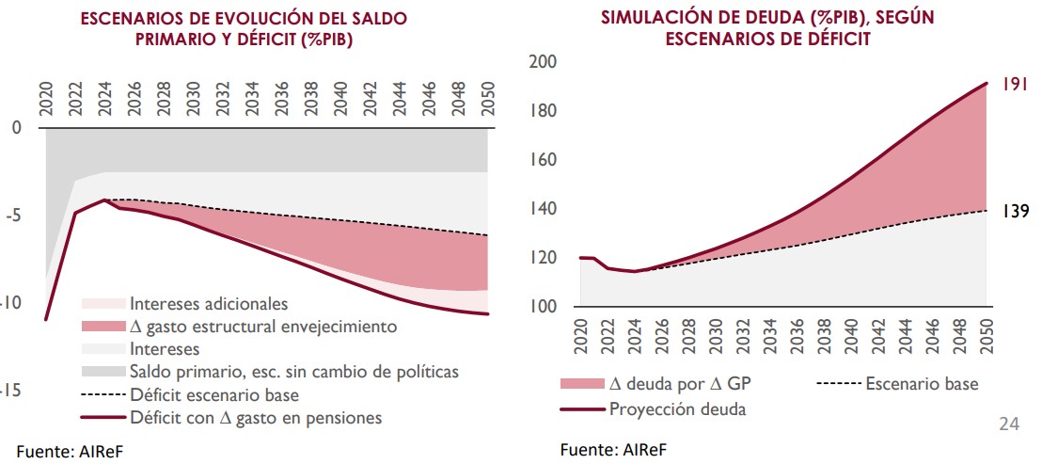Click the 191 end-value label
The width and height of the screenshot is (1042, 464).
pos(1013,84)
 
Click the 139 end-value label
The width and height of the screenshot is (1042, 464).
pos(1013,211)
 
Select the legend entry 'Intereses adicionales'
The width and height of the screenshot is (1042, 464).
pos(208,304)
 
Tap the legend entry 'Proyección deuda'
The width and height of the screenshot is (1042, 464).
pos(677,408)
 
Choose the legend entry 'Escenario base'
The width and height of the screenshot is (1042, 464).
pos(921,383)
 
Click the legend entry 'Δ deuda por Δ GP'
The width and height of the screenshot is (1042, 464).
pos(679,383)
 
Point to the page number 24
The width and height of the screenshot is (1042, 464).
pos(1008,425)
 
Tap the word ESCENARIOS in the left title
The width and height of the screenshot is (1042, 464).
pos(136,18)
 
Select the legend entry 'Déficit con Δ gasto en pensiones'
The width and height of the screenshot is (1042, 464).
pos(255,417)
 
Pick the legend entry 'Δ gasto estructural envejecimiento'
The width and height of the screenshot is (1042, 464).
pos(263,327)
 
